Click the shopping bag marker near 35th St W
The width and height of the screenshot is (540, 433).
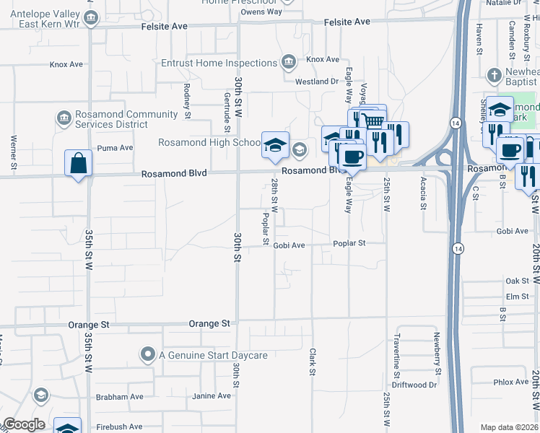click(x=78, y=163)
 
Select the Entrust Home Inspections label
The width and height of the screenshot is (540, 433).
click(x=219, y=63)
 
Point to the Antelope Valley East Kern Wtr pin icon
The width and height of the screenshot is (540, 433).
click(x=91, y=19)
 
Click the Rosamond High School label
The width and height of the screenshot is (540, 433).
click(x=210, y=142)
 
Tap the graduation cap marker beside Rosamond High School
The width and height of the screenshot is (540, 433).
click(x=275, y=144)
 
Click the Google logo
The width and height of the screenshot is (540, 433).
click(x=24, y=424)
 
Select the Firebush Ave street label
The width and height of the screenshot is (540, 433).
click(x=119, y=427)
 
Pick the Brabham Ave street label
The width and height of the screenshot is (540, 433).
click(x=119, y=397)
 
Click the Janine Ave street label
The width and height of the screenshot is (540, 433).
click(x=212, y=396)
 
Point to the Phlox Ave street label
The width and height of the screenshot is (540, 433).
click(x=511, y=382)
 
